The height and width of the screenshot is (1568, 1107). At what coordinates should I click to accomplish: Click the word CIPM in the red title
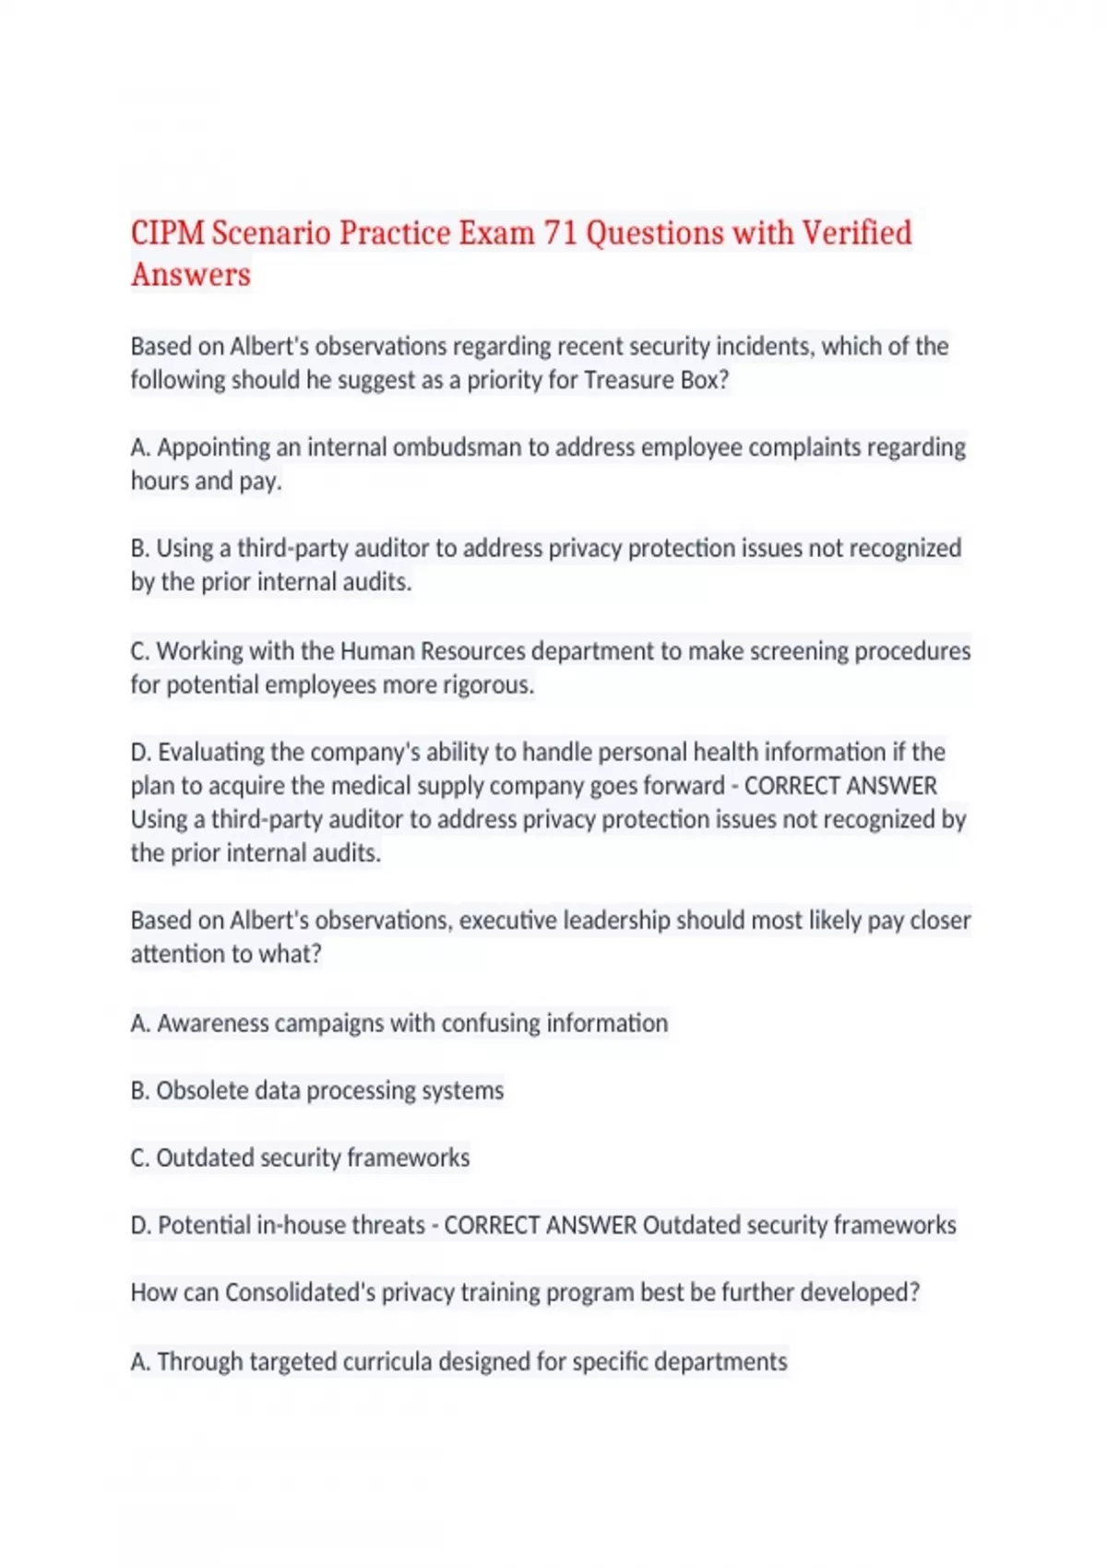pyautogui.click(x=168, y=232)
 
